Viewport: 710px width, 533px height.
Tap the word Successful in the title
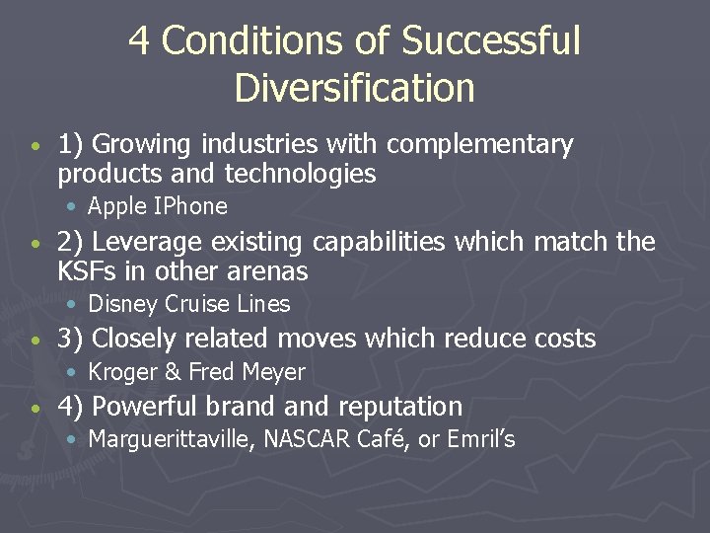coord(491,41)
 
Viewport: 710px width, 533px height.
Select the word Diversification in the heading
coord(354,88)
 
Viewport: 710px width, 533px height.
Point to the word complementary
coord(479,145)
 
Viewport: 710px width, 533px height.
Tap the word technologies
coord(301,175)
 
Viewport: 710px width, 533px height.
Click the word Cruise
coord(190,304)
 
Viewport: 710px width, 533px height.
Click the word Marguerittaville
coord(174,439)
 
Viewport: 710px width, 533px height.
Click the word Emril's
coord(480,439)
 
